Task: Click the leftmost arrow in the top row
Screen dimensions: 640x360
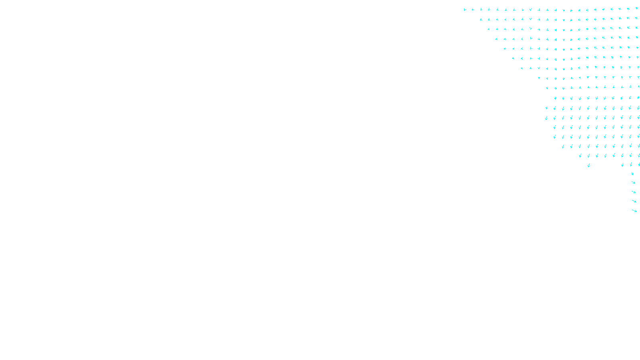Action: point(465,10)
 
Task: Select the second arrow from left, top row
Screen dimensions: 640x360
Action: point(473,10)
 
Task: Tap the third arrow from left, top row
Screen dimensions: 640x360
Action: point(481,9)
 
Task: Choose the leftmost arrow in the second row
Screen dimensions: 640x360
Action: point(481,19)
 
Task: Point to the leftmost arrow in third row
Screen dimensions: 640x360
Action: point(488,29)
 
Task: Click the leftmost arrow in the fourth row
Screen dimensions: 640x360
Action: point(496,39)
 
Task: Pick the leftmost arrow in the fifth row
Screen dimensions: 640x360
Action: point(505,48)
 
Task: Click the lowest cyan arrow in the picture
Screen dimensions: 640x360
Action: point(634,210)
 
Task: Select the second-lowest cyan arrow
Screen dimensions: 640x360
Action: point(634,201)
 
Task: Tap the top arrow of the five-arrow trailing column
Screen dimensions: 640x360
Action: point(632,174)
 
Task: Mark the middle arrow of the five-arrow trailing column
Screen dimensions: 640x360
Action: point(634,192)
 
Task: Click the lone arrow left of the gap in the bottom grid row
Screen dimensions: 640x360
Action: point(588,165)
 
